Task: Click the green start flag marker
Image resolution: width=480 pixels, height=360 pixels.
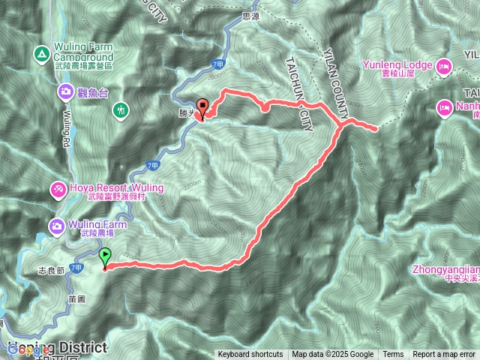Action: pos(105,257)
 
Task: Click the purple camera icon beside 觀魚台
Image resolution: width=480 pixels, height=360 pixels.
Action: pos(66,92)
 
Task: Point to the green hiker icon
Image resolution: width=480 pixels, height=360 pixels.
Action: pos(119,111)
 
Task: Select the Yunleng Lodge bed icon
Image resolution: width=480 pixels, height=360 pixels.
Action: pos(442,66)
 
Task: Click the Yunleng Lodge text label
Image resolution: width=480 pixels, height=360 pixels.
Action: pos(398,65)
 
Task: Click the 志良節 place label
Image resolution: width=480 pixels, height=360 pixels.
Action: pos(50,268)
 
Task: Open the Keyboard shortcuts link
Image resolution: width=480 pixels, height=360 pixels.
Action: pos(250,355)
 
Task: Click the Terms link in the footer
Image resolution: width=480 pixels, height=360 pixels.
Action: pos(393,355)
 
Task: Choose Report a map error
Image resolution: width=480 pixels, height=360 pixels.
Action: pos(444,355)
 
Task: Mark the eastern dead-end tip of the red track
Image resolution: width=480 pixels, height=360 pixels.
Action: pos(374,130)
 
